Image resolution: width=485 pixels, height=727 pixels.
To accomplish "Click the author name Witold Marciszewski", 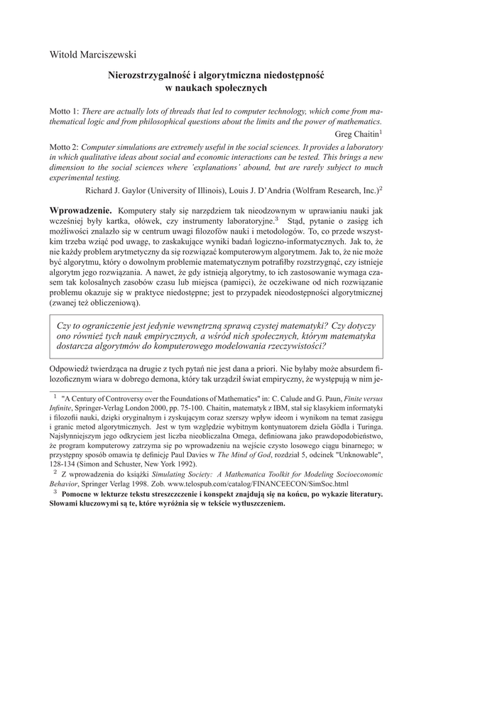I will [x=93, y=55].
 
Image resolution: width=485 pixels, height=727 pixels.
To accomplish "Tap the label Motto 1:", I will [x=65, y=112].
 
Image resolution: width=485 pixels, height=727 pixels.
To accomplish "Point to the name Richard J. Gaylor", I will [x=118, y=190].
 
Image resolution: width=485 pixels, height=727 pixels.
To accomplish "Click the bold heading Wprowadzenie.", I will [x=80, y=211].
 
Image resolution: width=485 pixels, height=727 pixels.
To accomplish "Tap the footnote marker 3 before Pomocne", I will [x=55, y=491].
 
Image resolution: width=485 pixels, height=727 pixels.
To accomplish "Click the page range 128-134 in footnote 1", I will [x=63, y=465].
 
